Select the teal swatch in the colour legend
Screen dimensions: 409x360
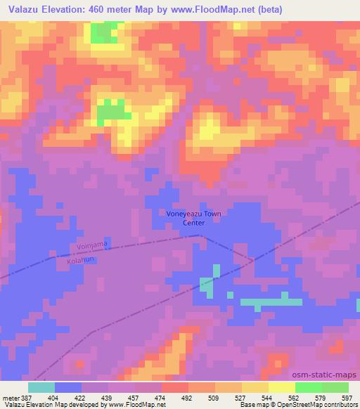(x=41, y=387)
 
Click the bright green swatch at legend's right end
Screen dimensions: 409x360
(x=335, y=387)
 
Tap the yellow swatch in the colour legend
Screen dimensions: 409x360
(x=282, y=387)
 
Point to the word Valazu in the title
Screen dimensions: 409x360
(x=20, y=8)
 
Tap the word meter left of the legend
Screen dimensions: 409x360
(x=9, y=397)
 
